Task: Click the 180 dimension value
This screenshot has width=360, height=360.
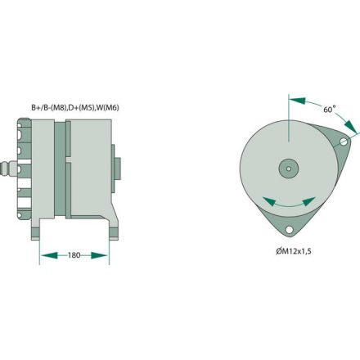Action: [x=74, y=256]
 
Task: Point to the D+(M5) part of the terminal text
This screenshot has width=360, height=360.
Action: [x=91, y=106]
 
